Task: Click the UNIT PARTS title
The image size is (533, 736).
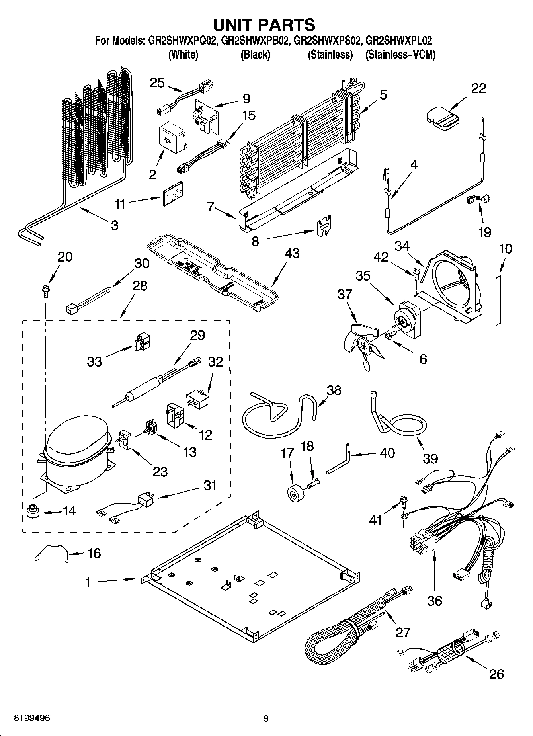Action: coord(264,25)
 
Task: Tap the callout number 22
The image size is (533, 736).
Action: coord(478,88)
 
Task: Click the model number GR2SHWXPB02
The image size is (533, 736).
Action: coord(254,41)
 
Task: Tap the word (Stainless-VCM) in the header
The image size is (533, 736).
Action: coord(400,55)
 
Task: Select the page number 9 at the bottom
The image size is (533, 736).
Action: coord(266,718)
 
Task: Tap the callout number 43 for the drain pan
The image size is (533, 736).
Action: coord(292,253)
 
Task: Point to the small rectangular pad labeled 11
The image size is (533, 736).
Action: coord(173,193)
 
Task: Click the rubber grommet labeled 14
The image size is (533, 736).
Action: coord(32,511)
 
